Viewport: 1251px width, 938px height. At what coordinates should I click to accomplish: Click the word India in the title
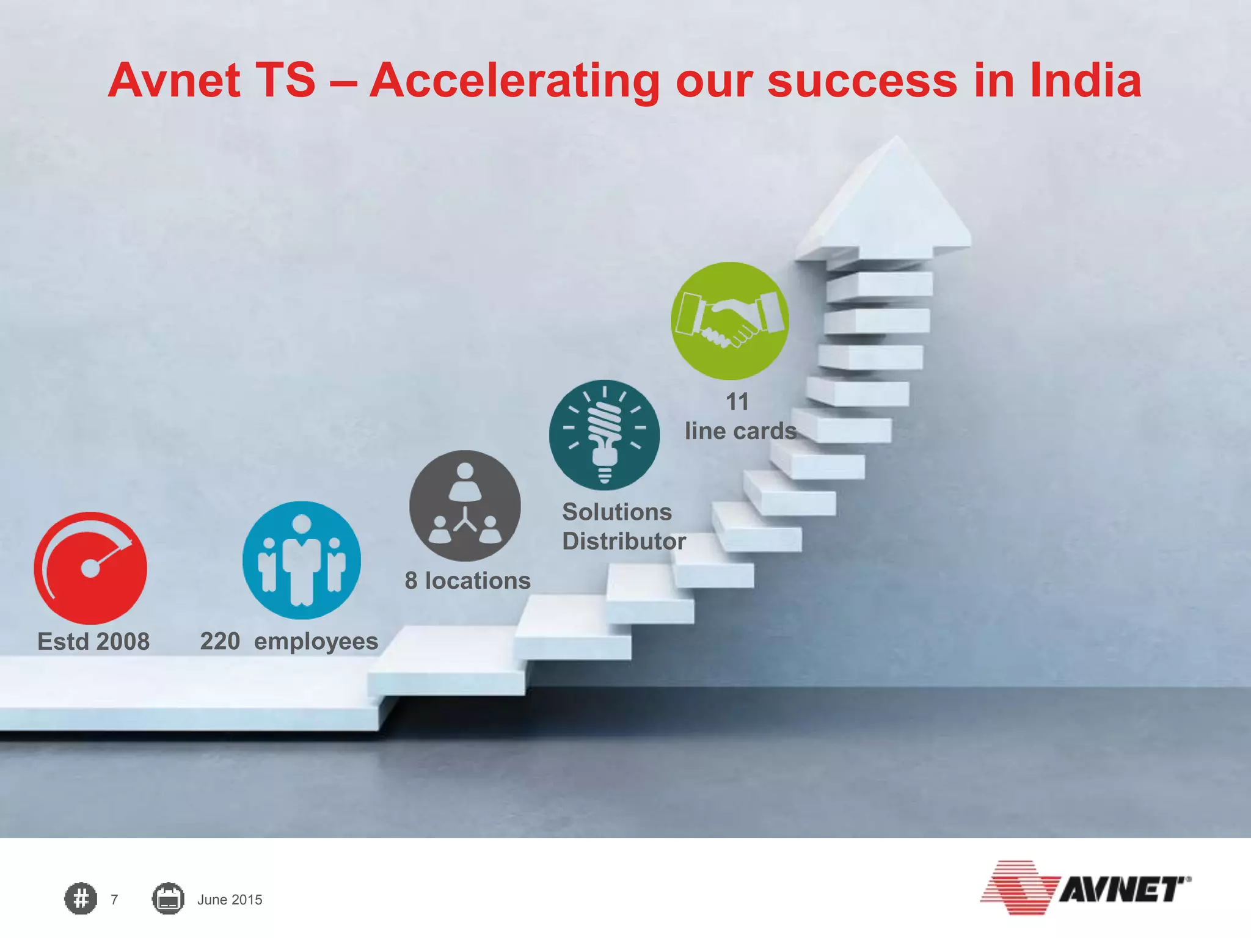[1085, 81]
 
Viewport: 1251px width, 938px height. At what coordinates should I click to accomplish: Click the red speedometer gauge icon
[90, 567]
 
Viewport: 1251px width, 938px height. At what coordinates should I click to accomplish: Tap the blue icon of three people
[302, 560]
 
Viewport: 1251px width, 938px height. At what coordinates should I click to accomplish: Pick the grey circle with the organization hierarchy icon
[465, 506]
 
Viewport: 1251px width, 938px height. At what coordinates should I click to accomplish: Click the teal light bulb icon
[604, 435]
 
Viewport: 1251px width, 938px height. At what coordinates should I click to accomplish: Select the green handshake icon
[729, 321]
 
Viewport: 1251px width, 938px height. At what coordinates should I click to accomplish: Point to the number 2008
[123, 642]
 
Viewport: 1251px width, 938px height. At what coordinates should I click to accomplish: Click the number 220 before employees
[220, 641]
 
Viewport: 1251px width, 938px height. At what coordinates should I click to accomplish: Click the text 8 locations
[467, 581]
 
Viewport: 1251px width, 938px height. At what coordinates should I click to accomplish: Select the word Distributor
[624, 542]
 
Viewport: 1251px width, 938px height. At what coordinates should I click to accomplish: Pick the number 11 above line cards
[737, 402]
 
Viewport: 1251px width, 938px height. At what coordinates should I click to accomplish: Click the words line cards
[740, 431]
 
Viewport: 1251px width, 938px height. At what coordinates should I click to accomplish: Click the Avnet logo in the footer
[1085, 888]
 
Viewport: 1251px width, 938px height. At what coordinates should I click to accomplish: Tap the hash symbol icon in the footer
[81, 899]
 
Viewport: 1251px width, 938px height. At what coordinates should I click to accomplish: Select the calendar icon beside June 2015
[168, 899]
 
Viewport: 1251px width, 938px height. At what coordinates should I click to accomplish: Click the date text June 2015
[230, 900]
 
